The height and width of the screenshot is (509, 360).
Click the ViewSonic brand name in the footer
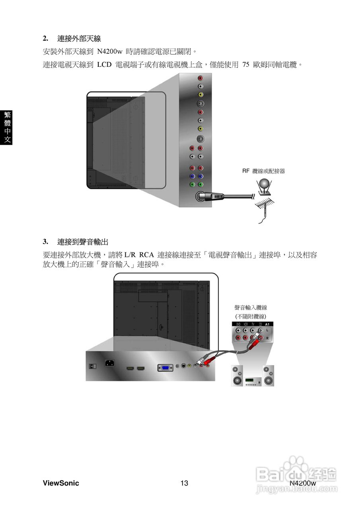point(60,483)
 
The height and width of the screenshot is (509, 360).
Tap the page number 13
point(184,483)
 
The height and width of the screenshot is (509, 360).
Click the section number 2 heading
point(46,39)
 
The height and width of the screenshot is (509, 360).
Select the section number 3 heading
point(46,241)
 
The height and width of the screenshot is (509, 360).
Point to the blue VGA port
point(165,368)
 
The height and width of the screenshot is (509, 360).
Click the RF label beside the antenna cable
point(245,171)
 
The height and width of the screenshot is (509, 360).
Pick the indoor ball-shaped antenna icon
point(264,184)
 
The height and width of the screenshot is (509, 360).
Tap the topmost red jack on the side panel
point(200,79)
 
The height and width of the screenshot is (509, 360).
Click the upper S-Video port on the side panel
point(200,104)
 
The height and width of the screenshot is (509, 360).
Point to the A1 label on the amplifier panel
point(267,324)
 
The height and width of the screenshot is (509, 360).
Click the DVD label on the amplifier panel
point(238,324)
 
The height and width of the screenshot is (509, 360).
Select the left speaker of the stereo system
point(237,376)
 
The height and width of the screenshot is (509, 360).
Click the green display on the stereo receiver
point(249,381)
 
